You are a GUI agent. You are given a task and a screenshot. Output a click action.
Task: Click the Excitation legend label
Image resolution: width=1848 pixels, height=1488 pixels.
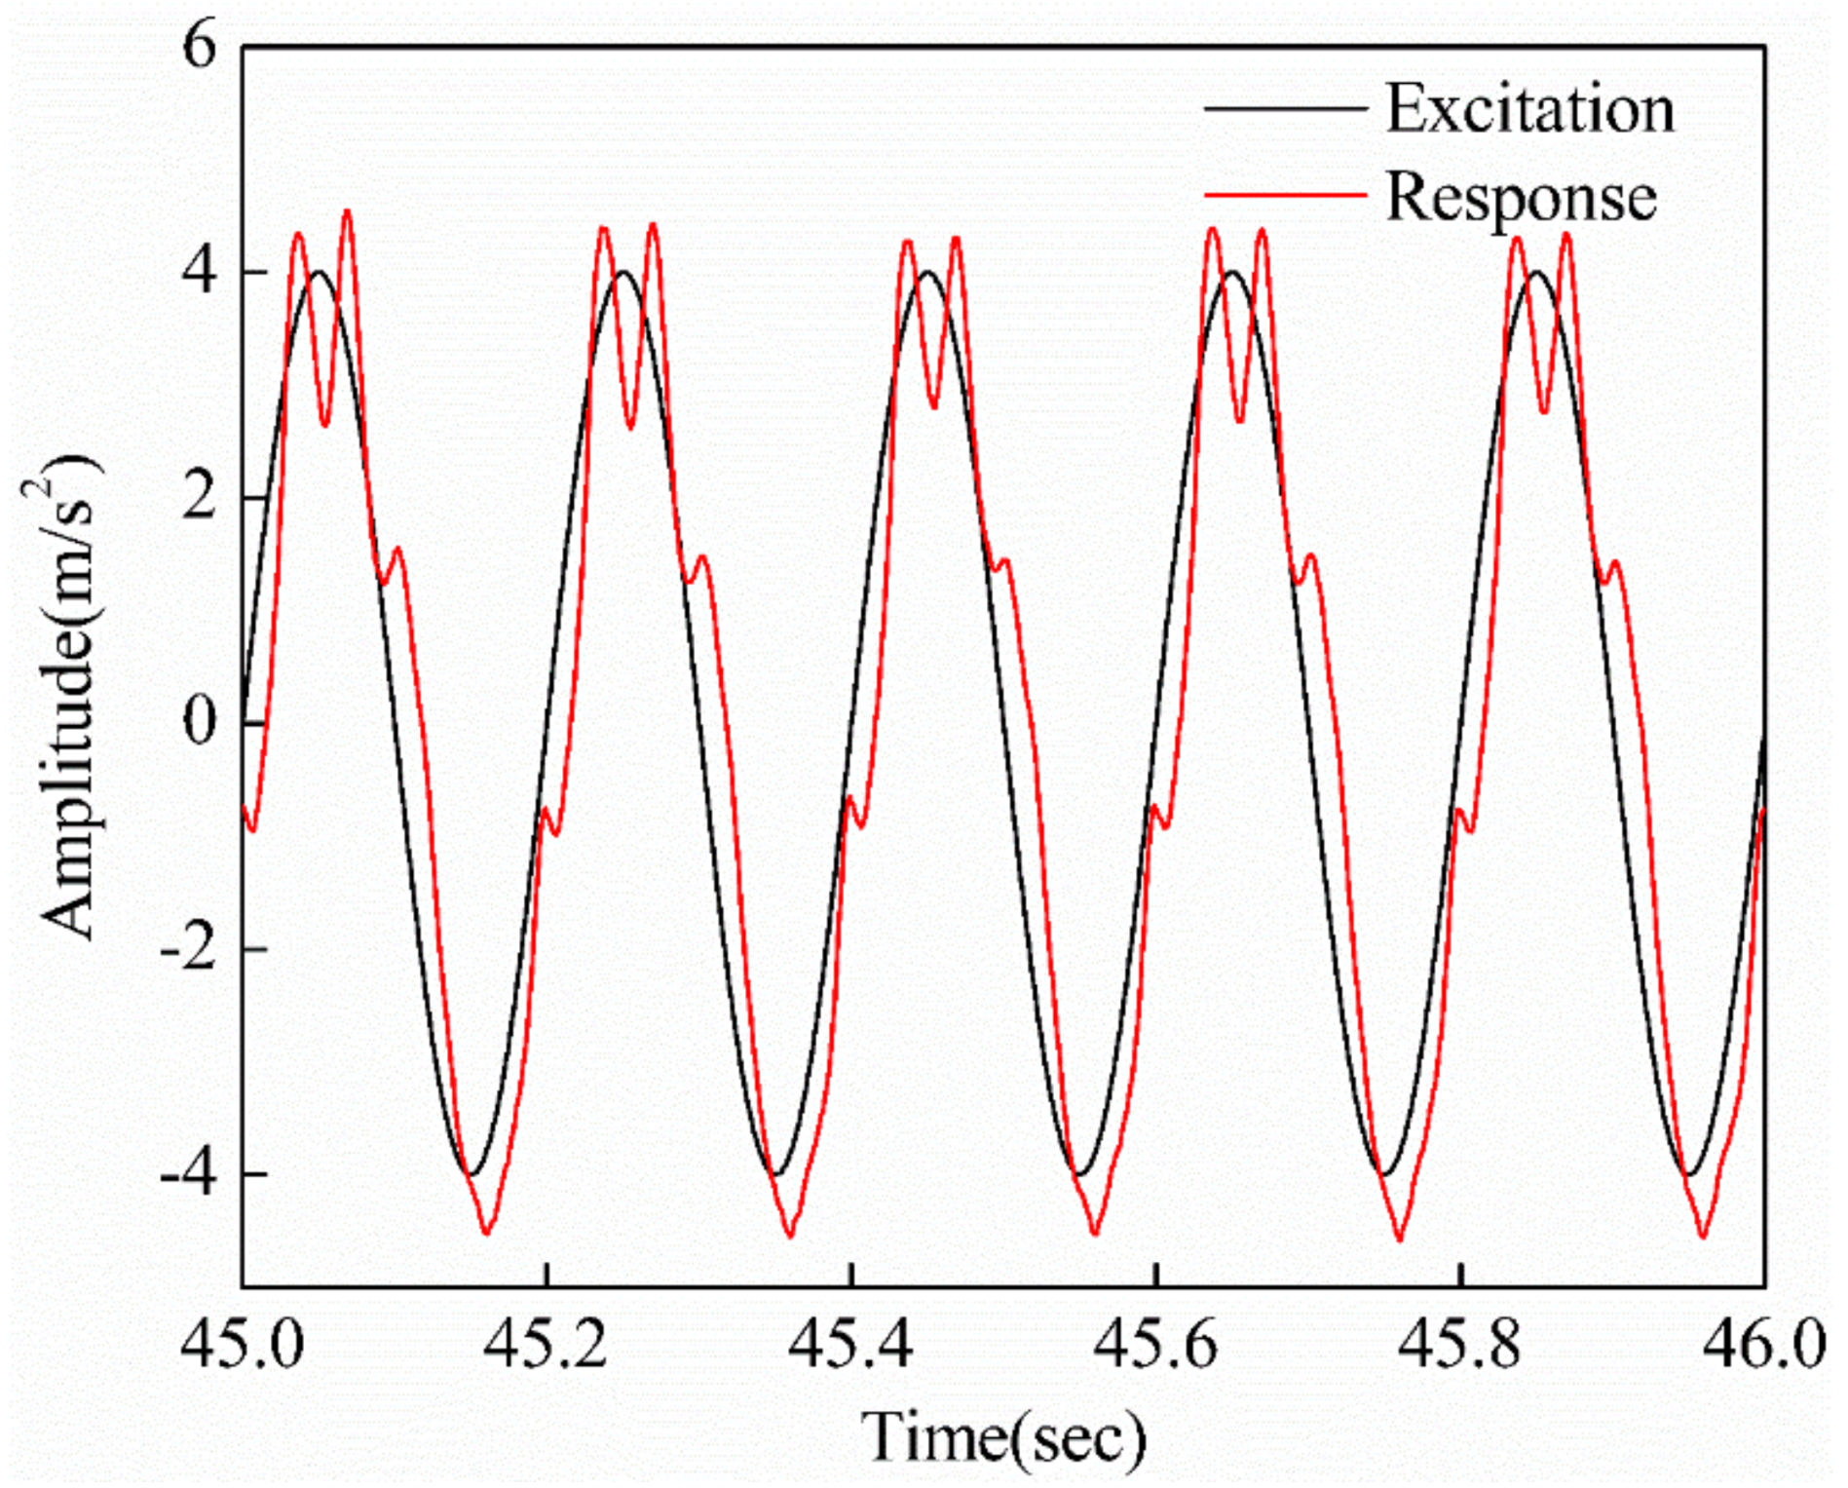[1529, 108]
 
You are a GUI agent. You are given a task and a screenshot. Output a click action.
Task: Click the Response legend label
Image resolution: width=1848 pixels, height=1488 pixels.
[1521, 198]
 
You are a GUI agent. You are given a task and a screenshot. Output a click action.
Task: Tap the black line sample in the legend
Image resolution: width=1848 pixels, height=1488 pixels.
[1285, 108]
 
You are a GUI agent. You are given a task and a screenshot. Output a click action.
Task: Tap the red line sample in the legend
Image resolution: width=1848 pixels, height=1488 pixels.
[1285, 196]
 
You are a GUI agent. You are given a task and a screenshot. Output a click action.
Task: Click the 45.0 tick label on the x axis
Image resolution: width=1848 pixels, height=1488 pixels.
[243, 1346]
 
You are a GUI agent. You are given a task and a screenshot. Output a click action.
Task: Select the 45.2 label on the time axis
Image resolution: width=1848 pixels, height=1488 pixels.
[547, 1346]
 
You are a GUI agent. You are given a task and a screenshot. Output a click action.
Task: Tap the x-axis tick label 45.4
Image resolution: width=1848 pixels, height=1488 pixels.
[850, 1346]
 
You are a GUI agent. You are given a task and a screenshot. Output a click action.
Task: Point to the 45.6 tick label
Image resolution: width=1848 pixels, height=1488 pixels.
[1155, 1346]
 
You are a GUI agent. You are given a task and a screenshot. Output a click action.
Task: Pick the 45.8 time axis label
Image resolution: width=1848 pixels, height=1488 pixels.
[1459, 1346]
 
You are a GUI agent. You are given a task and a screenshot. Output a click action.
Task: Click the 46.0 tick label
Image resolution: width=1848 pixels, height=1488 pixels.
[1763, 1346]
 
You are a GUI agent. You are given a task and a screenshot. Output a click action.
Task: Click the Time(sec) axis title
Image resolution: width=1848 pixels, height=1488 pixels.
[1003, 1437]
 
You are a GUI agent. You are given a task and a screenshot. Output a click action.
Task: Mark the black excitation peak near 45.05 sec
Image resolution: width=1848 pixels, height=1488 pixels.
[319, 273]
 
